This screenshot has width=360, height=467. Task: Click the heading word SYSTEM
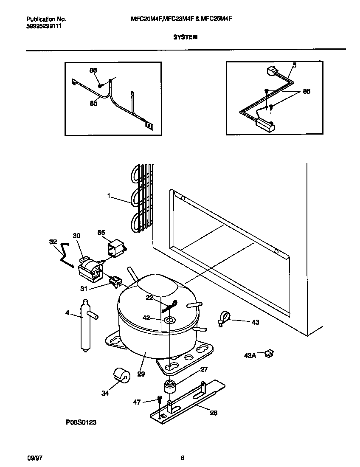click(x=185, y=37)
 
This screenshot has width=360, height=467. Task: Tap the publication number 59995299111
click(x=44, y=26)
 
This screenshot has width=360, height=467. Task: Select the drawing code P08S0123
click(x=78, y=423)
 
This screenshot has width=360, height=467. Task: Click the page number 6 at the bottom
click(x=182, y=458)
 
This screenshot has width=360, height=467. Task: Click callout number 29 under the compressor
click(x=141, y=374)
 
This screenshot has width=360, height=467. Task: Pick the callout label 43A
click(x=250, y=355)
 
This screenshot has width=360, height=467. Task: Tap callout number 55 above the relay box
click(x=101, y=233)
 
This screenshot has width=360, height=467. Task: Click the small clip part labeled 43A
click(x=268, y=352)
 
